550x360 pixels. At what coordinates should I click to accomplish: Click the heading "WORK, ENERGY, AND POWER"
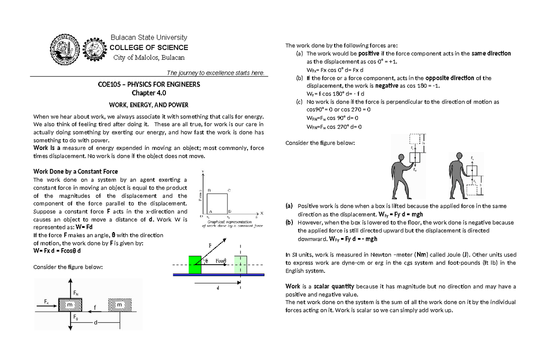tap(145, 105)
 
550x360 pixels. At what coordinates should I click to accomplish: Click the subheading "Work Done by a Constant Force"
tap(76, 171)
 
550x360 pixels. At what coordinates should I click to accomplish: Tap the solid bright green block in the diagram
tap(195, 265)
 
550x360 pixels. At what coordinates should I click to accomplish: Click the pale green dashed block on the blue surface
tap(240, 265)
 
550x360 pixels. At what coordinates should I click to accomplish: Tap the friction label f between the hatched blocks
tap(94, 306)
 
